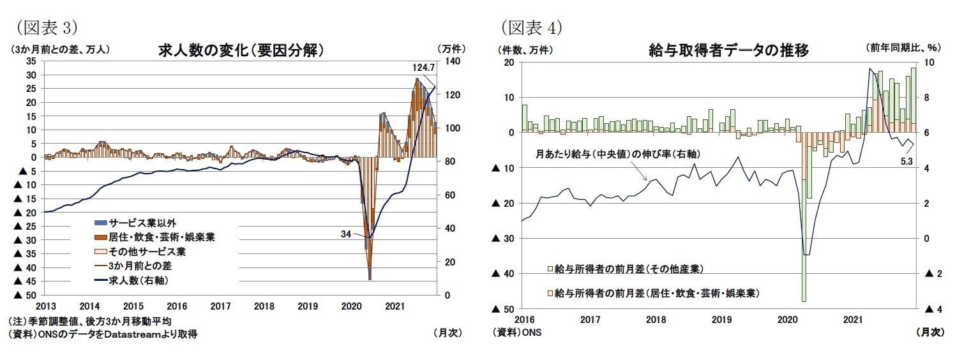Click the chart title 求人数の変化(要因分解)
[x=239, y=50]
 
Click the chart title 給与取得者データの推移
[x=728, y=50]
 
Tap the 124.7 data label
[x=424, y=67]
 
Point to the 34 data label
[x=346, y=234]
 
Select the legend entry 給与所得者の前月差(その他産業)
[x=629, y=268]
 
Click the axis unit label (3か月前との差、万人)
[x=62, y=48]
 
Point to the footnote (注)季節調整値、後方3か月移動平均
[x=89, y=321]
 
